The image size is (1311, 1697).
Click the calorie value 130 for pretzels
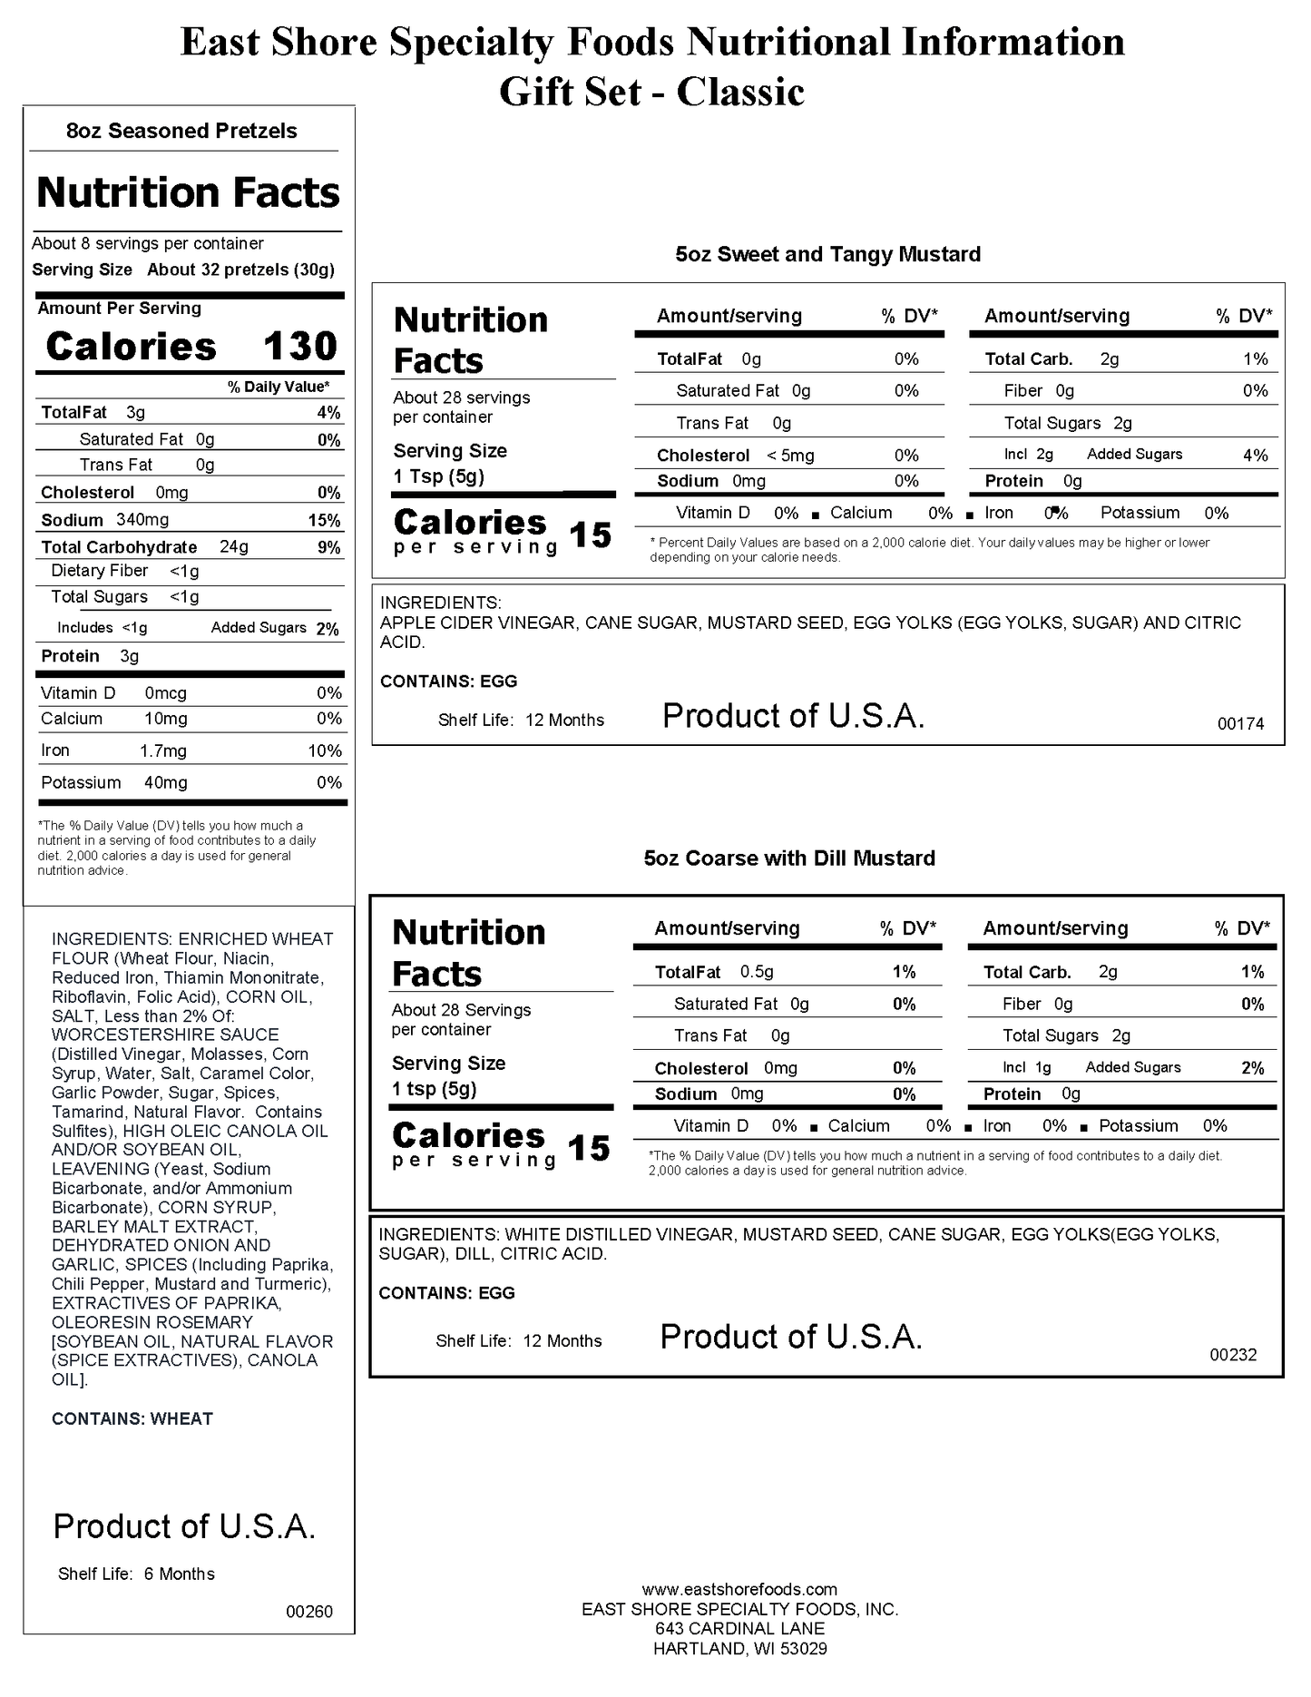299,347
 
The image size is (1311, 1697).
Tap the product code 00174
1240,723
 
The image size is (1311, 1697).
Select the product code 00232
1233,1355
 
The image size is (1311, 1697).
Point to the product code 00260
309,1612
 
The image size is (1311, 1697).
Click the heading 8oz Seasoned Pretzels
181,131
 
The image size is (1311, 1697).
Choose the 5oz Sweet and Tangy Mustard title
827,254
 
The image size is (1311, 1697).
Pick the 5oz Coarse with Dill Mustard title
789,858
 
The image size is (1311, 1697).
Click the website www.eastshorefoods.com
739,1589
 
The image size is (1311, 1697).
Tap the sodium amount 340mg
142,520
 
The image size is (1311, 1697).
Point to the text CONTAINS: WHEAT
132,1418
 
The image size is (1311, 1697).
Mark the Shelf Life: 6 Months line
136,1574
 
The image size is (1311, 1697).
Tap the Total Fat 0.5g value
757,972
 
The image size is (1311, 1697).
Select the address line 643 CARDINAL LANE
739,1629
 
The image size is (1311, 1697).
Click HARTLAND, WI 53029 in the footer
739,1649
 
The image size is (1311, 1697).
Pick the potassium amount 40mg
165,782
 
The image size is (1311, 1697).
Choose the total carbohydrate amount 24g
234,547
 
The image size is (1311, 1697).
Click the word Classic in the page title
740,92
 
